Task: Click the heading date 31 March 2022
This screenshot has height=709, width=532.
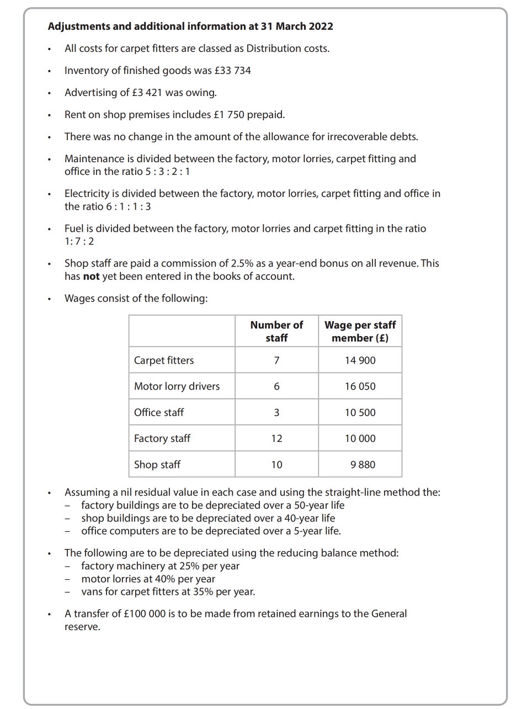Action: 297,26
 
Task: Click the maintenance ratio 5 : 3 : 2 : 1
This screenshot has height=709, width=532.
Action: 167,172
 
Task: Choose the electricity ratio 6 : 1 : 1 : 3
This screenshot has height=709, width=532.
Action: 129,206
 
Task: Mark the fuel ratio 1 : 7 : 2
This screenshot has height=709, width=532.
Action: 79,242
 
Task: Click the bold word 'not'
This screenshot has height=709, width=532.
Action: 91,276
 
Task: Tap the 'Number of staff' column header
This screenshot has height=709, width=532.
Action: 276,332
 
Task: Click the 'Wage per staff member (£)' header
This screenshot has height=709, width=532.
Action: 360,332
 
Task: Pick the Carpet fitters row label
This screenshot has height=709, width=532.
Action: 164,360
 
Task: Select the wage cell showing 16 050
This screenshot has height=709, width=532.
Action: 360,386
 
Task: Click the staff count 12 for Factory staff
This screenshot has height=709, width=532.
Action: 276,439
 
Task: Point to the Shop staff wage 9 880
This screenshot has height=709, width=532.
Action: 363,465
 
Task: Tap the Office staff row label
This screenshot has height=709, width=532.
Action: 159,412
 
